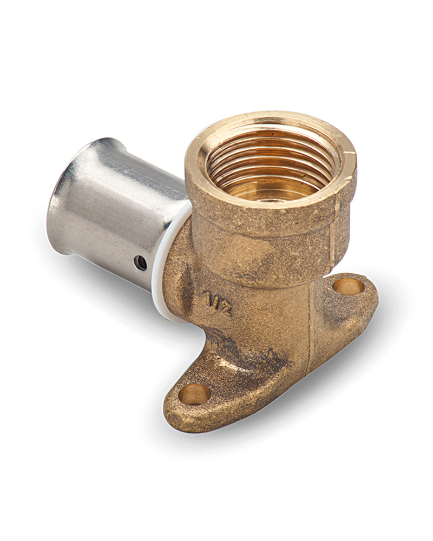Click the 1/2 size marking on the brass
click(x=218, y=303)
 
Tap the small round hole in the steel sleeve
click(x=140, y=263)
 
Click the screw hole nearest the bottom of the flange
click(x=194, y=394)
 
